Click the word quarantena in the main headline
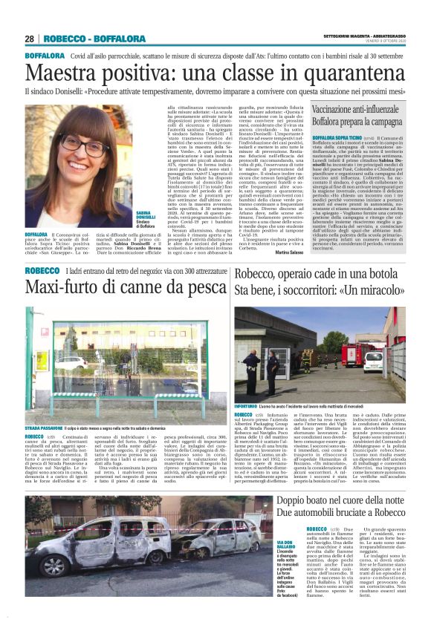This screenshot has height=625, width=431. point(342,73)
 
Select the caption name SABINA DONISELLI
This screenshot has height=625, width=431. point(124,217)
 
